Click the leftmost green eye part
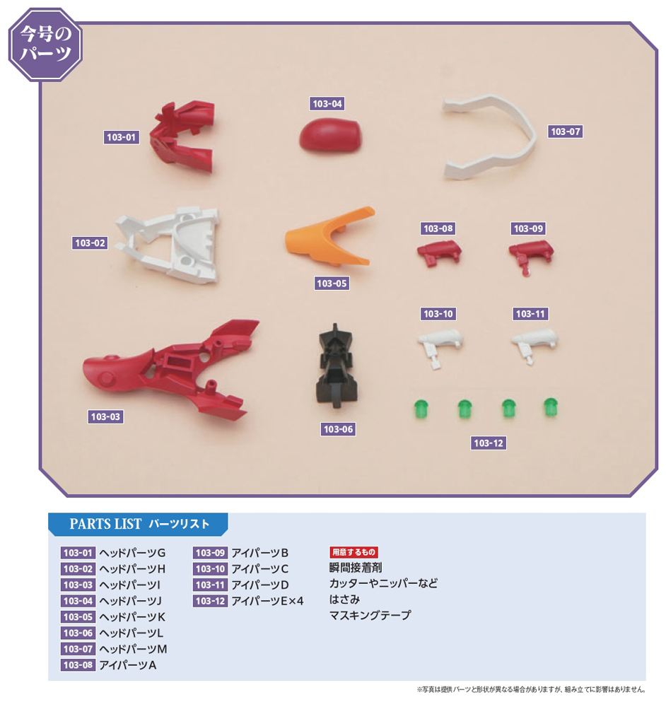421,408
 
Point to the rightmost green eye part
550,407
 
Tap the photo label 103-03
106,417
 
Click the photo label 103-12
489,443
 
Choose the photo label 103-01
120,137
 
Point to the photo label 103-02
90,243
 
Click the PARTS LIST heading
139,524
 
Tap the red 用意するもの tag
354,552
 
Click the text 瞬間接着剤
356,568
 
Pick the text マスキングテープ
370,616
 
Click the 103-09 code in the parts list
210,553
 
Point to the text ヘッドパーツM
133,648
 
